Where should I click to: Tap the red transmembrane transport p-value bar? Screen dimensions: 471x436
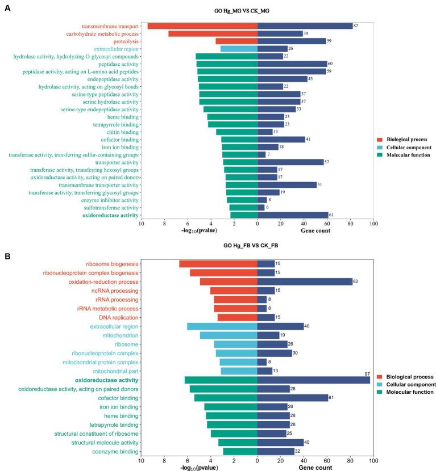point(202,26)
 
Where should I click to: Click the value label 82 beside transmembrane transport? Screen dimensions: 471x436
point(356,26)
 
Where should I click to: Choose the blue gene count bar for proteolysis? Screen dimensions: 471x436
point(292,41)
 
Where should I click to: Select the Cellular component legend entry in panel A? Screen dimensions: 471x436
point(404,146)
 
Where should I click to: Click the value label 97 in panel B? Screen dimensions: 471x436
point(367,373)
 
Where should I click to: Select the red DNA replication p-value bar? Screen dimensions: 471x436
point(238,317)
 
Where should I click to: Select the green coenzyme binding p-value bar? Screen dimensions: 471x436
point(240,451)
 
